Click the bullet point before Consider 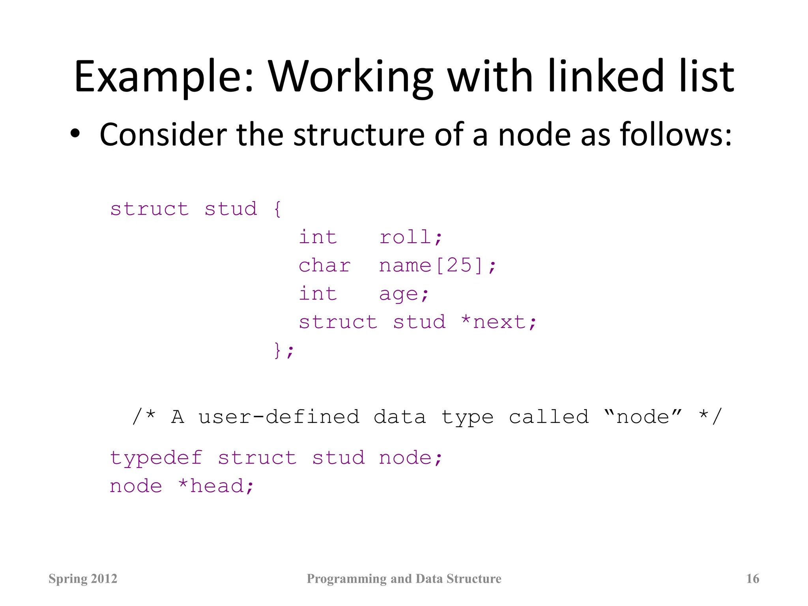click(75, 134)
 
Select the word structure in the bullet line click(359, 135)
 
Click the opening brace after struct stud click(277, 209)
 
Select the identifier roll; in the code click(411, 237)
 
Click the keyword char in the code click(324, 266)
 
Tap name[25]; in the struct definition click(437, 266)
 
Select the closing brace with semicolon click(284, 350)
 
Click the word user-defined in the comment click(279, 417)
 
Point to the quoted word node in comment click(643, 417)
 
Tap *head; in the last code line click(216, 486)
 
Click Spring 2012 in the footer click(83, 579)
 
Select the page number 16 click(752, 579)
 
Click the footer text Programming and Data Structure click(404, 579)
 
